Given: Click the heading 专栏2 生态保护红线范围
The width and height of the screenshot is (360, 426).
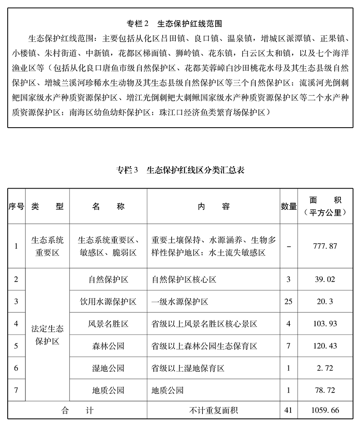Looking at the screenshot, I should coord(180,24).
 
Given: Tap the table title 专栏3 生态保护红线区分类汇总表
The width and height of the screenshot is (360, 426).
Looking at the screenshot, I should coord(180,170).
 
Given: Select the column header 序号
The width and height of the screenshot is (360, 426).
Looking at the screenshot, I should coord(16,206).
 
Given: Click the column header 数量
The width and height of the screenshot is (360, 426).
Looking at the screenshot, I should coord(288,206).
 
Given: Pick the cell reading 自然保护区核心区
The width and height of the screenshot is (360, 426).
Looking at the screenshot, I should coord(184,280).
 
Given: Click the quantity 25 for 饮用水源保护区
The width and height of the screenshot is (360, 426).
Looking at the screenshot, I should coord(288,302).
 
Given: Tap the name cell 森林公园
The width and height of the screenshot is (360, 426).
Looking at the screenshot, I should coord(108,346).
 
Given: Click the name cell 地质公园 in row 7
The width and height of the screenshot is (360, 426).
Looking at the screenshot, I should coord(108,390).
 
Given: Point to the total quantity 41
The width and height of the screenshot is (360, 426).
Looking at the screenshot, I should coord(288,410).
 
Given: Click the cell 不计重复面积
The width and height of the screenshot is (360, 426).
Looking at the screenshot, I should coord(213,410).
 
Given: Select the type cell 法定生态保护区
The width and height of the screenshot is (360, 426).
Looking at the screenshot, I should coord(47,335).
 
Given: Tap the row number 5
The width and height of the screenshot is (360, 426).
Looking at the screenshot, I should coord(16,346).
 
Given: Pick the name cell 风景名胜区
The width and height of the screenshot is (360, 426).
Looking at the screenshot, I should coord(108,324).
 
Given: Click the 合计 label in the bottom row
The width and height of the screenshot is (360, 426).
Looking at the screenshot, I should coord(77,410).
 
